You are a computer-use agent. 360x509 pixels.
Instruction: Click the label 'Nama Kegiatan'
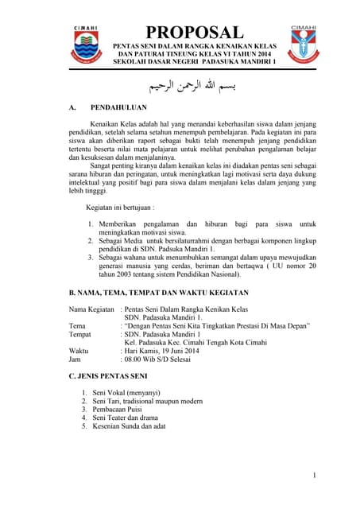(93, 308)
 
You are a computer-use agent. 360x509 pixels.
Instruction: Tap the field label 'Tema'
(78, 325)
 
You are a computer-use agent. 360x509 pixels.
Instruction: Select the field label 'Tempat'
(82, 334)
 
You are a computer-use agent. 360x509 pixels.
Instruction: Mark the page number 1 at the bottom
(315, 476)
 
